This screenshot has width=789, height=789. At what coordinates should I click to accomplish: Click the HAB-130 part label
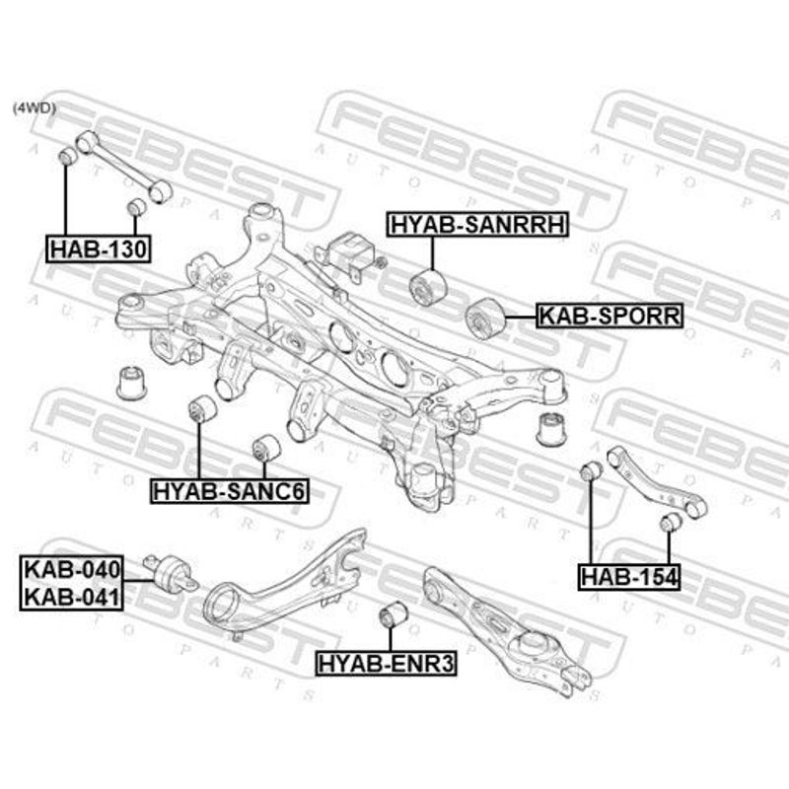click(99, 249)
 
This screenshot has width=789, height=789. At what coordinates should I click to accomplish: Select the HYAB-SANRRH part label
click(477, 225)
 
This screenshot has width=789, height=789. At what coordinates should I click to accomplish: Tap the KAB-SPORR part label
click(610, 316)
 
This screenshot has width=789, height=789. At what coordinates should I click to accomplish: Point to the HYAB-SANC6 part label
click(230, 491)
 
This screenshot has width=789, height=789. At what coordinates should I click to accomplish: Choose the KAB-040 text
click(72, 570)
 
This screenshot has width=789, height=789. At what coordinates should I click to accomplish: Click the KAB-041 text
click(72, 598)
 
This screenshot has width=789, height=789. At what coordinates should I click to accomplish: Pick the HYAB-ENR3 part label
click(386, 663)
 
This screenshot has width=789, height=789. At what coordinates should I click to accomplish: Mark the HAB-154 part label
click(629, 577)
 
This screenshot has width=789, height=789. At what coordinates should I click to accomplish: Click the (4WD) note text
click(35, 108)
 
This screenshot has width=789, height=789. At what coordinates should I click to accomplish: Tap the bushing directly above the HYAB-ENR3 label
click(393, 613)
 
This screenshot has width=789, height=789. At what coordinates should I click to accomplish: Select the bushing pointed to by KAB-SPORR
click(484, 318)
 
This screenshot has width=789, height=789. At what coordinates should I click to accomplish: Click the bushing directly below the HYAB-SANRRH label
click(428, 287)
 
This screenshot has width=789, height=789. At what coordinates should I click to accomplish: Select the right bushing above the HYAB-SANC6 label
click(265, 448)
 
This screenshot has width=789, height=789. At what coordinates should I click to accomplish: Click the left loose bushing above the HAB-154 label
click(591, 470)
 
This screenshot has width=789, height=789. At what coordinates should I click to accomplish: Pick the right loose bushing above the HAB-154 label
click(671, 522)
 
